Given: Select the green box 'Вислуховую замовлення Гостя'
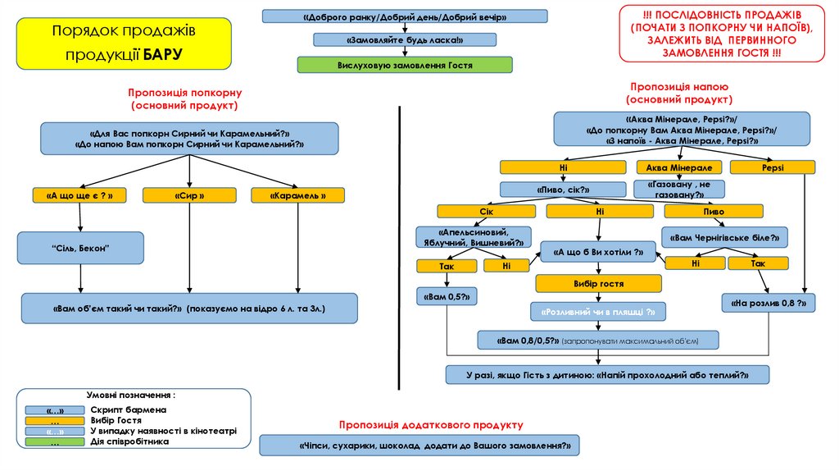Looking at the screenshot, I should coord(405,64).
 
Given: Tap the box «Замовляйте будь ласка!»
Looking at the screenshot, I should coord(405,39).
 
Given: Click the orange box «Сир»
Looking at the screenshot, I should coord(189,195).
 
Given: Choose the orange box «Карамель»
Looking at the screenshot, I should coord(296,195).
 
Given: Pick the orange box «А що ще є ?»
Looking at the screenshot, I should coord(79,195).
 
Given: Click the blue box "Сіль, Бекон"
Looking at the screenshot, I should coord(80,248).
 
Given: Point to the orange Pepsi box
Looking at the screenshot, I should coord(772,167).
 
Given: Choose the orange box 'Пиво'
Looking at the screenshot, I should coord(714,212).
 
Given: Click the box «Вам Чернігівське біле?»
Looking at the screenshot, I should coord(724,237).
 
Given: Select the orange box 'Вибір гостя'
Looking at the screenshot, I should coord(599,284).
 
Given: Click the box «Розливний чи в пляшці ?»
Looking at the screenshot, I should coord(598,312).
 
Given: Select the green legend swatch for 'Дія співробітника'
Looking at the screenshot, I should coord(54,441).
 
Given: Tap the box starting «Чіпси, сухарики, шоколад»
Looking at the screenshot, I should coord(420,445).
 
